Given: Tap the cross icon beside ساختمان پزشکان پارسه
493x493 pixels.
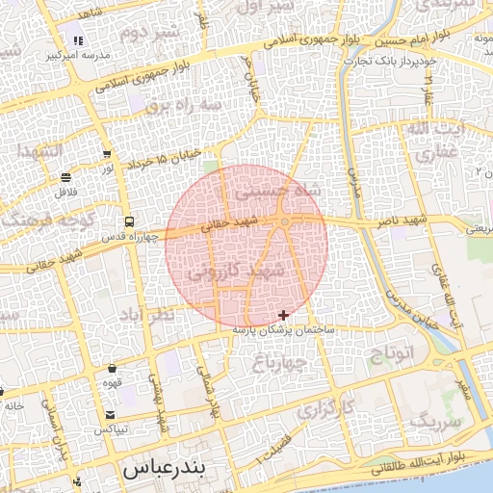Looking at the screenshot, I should (282, 315).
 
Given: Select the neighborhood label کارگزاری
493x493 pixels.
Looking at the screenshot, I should (325, 409).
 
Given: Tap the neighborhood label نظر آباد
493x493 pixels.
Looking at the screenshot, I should (147, 314).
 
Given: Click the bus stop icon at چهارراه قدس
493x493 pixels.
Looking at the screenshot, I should (129, 221).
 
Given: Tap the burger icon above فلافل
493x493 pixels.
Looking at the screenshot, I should (65, 177).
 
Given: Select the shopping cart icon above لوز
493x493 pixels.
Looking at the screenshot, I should (106, 154).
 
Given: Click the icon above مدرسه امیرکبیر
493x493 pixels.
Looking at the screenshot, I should (78, 40).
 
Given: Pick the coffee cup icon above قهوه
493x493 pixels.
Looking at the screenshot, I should (113, 368).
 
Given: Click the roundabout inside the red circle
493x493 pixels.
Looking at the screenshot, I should (285, 223).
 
